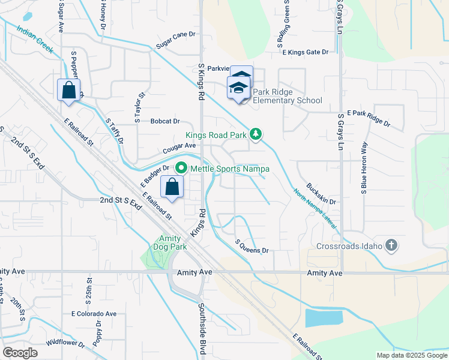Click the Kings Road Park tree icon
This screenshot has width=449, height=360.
[256, 133]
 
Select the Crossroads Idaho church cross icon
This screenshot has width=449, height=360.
[391, 245]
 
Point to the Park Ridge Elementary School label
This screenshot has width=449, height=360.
[287, 97]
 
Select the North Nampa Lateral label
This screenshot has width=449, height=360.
[316, 211]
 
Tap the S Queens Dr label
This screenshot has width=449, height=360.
[251, 246]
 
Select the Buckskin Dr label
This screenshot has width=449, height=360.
[321, 194]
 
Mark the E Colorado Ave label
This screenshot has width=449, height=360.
[94, 314]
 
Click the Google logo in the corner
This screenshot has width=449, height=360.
[20, 352]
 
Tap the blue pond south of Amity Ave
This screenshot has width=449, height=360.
[324, 318]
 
